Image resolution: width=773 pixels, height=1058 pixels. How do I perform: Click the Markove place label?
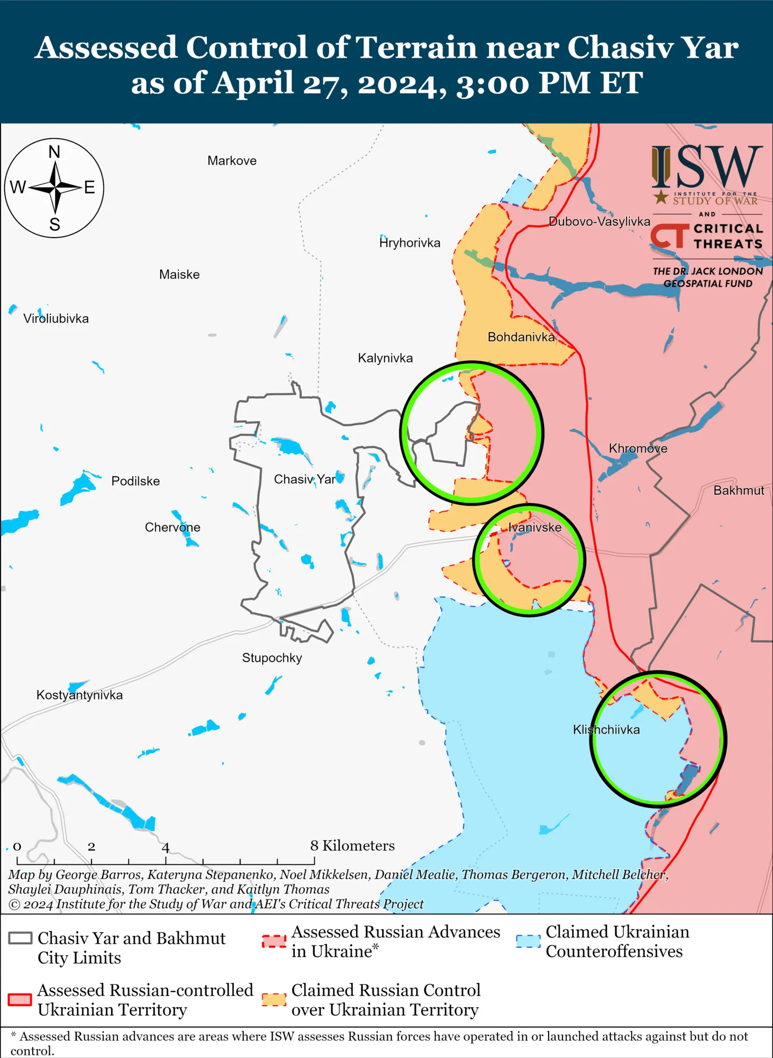232,161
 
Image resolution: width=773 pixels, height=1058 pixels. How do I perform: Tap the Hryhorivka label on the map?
410,243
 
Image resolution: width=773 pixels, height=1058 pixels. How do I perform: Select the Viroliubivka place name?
56,318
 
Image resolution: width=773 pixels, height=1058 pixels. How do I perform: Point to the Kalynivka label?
385,358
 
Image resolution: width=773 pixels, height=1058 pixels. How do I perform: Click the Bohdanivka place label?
521,337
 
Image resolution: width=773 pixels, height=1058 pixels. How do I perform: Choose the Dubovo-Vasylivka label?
599,222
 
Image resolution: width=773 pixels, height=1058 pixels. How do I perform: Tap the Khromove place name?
638,449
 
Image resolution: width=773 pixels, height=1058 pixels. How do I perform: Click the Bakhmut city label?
739,490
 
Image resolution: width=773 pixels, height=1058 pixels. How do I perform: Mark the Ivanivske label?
535,527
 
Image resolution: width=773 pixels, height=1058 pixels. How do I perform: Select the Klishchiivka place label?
606,730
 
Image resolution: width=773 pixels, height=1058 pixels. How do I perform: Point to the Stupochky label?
272,658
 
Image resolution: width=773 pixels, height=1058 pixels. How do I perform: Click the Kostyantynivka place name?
79,695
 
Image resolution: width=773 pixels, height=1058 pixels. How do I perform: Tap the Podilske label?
135,481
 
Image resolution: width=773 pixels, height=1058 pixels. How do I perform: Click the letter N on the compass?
54,152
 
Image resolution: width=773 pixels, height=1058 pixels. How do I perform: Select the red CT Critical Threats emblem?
670,236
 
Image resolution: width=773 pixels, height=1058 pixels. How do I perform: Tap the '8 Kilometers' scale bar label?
352,846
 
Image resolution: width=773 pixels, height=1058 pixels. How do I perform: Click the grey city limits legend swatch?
21,938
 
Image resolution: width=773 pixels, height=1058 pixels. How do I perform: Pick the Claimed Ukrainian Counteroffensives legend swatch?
528,942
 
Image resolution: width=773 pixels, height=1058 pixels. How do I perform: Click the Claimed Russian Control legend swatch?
274,999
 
